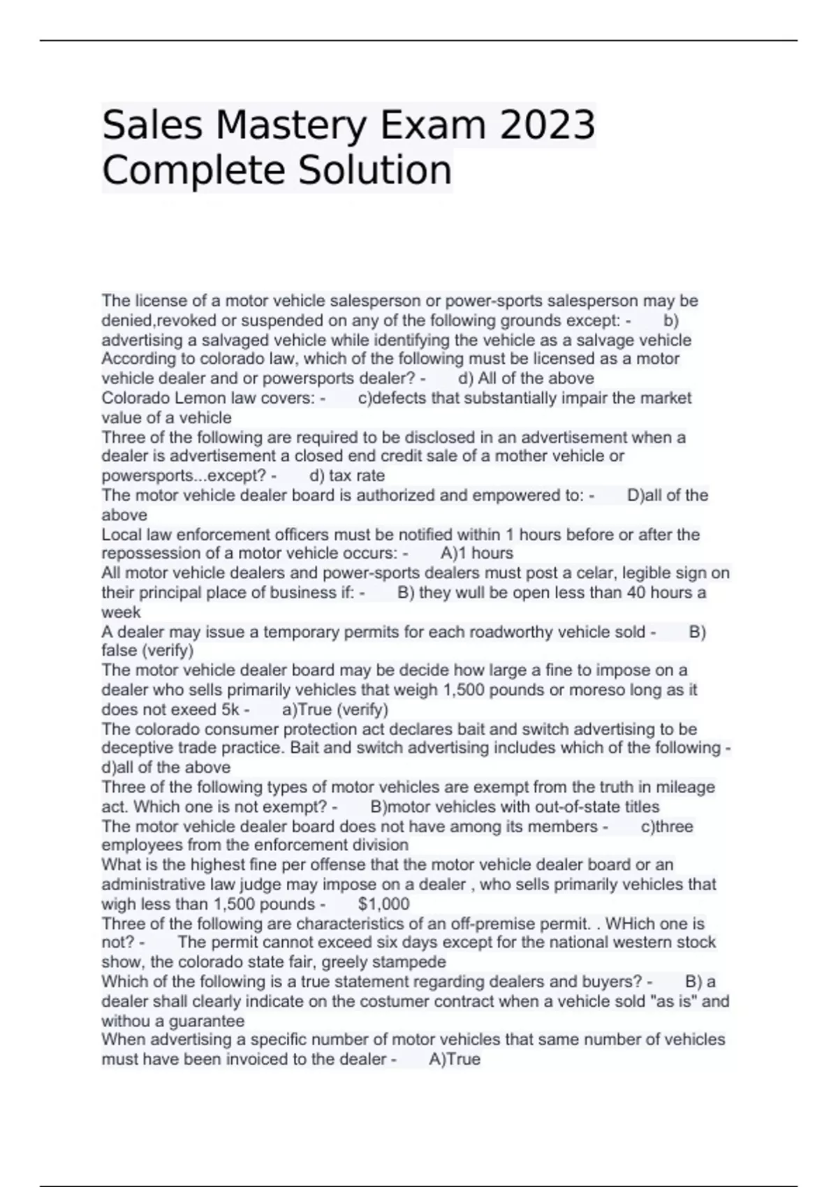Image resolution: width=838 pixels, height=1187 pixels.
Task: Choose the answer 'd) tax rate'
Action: click(347, 475)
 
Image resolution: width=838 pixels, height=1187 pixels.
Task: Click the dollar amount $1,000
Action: click(383, 904)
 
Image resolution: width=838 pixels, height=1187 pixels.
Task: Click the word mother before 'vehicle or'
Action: click(524, 456)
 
